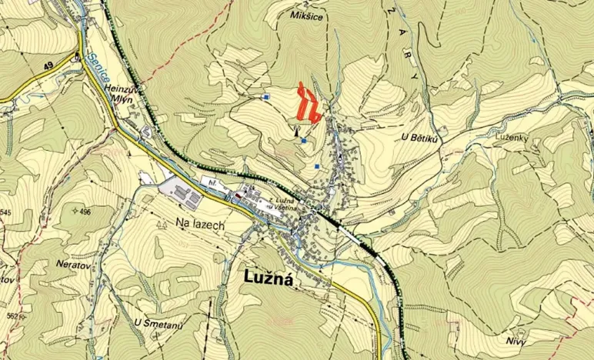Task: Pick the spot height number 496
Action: point(84,211)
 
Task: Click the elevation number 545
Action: point(6,212)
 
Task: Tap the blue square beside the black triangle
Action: point(304,141)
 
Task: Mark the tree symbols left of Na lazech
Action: point(162,224)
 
